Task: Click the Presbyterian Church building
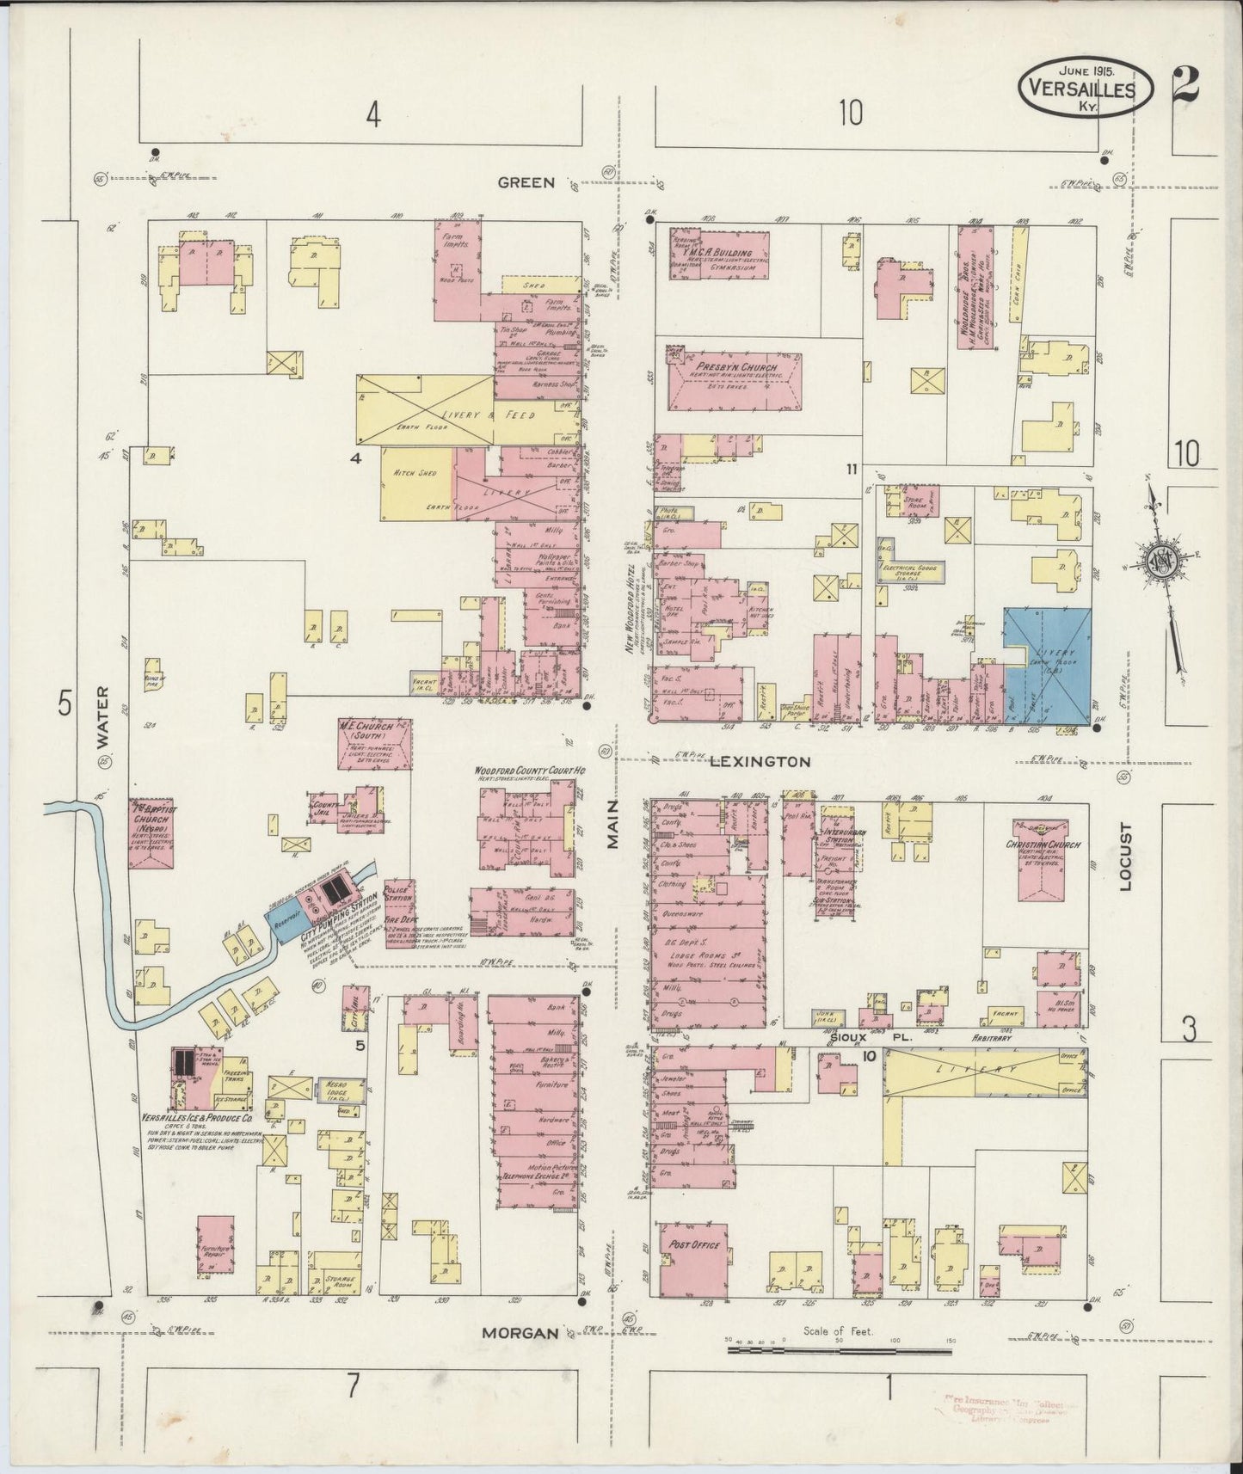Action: click(736, 376)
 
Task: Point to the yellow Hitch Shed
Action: click(415, 484)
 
